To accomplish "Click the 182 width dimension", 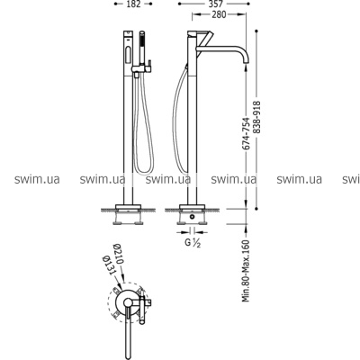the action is pos(134,4).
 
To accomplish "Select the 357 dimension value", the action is pos(215,4).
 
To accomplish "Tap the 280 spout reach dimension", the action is pos(219,14).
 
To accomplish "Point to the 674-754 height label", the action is pos(247,131).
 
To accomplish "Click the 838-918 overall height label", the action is pos(257,118).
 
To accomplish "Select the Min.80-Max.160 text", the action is pos(247,271).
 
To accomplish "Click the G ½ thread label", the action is pos(193,243).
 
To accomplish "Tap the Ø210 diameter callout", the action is pos(118,254).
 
